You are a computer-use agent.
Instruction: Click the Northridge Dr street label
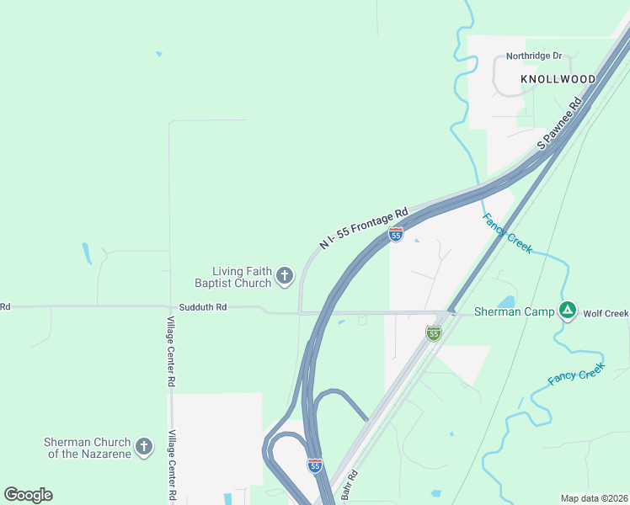(533, 56)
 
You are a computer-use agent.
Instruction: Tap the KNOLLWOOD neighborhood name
(558, 79)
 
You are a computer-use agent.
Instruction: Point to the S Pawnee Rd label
(560, 124)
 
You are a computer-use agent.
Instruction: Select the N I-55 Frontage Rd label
(364, 228)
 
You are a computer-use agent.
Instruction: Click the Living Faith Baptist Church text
(242, 277)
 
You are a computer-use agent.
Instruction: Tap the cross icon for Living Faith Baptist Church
(285, 275)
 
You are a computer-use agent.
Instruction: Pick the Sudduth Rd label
(198, 307)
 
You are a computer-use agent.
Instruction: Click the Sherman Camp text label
(515, 311)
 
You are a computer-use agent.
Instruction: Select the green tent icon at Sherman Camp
(569, 311)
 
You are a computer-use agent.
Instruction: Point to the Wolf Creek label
(606, 314)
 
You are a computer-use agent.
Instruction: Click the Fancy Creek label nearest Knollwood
(507, 234)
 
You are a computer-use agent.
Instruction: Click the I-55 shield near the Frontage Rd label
(396, 235)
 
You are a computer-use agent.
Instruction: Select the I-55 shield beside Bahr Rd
(314, 465)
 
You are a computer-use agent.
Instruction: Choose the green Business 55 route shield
(433, 333)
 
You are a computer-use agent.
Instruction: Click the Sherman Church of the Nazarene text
(88, 448)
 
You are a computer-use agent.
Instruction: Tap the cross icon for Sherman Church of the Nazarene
(144, 447)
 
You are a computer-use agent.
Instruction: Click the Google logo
(28, 494)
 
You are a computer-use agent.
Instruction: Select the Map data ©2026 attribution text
(593, 498)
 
